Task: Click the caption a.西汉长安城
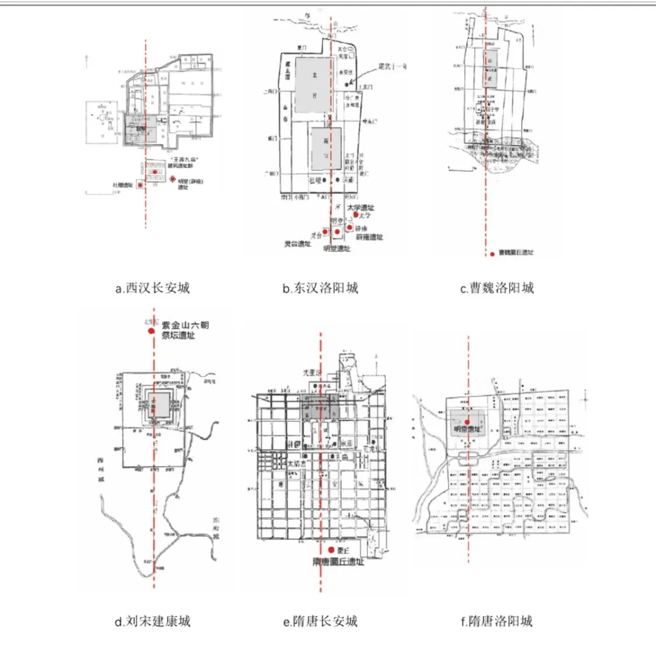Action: coord(152,288)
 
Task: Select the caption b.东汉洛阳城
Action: coord(319,288)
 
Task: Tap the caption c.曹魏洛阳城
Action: coord(496,288)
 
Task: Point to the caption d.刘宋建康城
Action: coord(152,621)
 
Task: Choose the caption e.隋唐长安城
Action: coord(319,621)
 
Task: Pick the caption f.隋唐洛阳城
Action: coord(496,621)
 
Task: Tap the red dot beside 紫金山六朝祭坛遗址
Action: coord(151,331)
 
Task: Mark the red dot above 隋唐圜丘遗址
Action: coord(330,550)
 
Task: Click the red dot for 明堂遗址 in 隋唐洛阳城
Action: coord(467,421)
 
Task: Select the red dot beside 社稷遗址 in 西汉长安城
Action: coord(140,185)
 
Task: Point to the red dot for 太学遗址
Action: coord(356,214)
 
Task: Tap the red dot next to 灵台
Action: coord(326,231)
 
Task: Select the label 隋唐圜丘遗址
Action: coord(338,562)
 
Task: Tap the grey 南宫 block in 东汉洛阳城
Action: coord(326,149)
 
